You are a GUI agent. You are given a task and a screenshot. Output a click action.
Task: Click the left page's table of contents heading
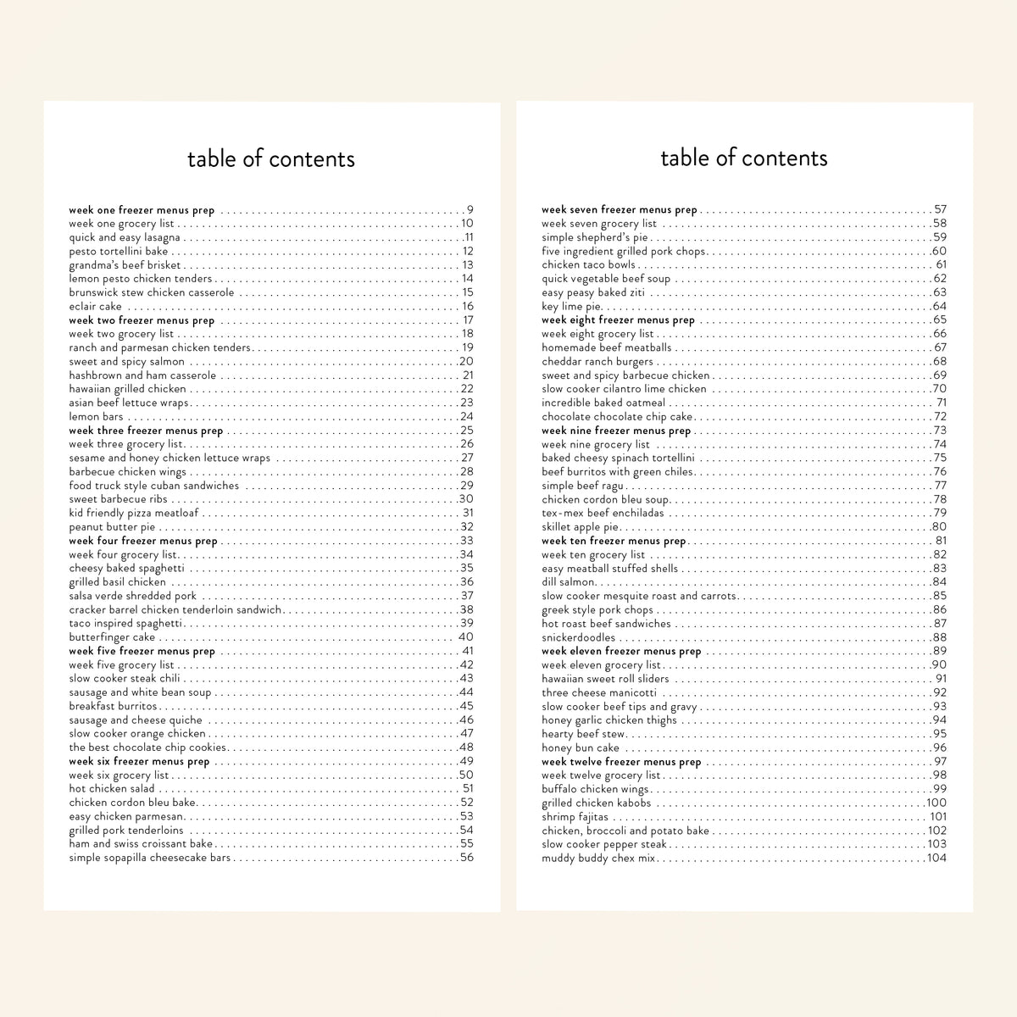coord(271,158)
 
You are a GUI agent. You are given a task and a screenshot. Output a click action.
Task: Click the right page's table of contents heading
coord(743,158)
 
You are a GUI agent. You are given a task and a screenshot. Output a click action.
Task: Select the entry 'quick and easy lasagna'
coord(125,237)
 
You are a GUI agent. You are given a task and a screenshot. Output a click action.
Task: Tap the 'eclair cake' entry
coord(96,307)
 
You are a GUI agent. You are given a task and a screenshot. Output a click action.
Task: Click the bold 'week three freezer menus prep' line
coord(146,431)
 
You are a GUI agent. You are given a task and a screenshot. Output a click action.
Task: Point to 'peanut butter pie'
coord(112,527)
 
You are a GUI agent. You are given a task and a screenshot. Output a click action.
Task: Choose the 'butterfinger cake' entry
coord(112,637)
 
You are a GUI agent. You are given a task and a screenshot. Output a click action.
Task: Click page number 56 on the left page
coord(466,858)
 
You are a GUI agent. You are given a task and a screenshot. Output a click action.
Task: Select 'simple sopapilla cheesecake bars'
coord(150,858)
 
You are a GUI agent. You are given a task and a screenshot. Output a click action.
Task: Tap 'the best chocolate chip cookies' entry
coord(147,747)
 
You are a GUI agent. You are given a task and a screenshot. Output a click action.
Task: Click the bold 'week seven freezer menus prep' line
coord(620,209)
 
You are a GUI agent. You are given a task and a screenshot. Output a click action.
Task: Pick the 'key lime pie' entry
coord(571,307)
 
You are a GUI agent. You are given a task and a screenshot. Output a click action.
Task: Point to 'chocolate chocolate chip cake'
coord(617,417)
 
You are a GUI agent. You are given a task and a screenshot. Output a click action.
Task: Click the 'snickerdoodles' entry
coord(579,637)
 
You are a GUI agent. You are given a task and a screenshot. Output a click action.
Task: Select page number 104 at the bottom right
coord(936,858)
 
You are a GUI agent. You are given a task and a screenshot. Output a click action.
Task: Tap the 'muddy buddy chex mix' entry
coord(598,858)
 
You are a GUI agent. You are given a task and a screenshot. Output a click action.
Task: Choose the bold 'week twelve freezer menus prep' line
coord(621,762)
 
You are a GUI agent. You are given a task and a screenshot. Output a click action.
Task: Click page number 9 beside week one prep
coord(470,210)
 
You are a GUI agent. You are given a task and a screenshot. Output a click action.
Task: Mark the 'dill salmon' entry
coord(569,582)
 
